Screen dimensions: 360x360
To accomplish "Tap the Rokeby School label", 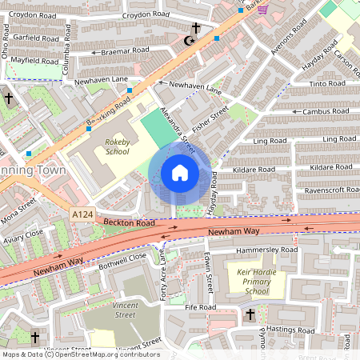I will [117, 146].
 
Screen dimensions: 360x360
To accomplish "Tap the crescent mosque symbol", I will [190, 41].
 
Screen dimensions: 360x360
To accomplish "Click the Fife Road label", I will [201, 306].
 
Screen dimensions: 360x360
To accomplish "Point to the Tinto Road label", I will [328, 83].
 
